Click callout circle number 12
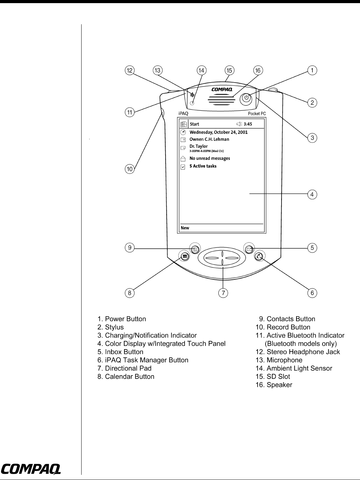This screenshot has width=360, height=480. point(129,70)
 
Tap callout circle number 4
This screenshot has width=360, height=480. point(312,194)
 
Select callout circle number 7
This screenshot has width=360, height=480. point(223,293)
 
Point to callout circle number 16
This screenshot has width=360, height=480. point(258,70)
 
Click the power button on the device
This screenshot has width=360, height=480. point(246,98)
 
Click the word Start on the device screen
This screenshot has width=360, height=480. point(194,124)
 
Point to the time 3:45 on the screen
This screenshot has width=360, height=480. point(248,124)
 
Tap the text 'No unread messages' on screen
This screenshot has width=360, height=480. point(210,158)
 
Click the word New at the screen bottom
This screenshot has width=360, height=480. point(185,228)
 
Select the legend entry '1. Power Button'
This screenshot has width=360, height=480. point(122,319)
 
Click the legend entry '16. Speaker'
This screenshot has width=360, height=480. point(274,385)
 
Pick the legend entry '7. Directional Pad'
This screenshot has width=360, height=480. point(124,368)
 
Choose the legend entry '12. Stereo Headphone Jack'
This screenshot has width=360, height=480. point(298,352)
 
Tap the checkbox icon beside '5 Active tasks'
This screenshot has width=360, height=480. point(183,167)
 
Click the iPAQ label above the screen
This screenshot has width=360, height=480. point(183,113)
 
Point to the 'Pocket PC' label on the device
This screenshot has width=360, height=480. point(257,114)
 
